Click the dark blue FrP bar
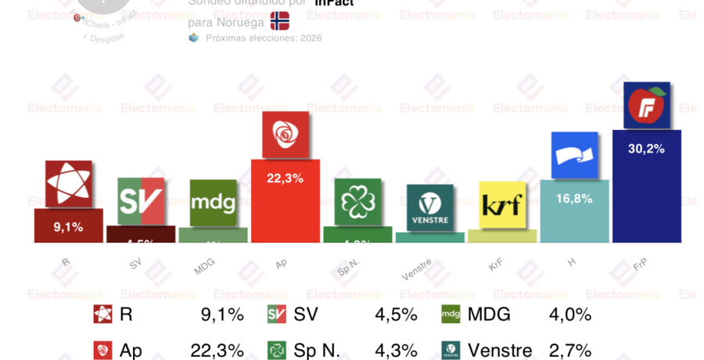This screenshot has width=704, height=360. coord(646,196)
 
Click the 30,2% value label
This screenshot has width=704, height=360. coord(646,149)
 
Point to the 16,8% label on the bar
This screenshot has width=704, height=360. coord(574,199)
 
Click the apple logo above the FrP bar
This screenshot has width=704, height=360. coord(646,106)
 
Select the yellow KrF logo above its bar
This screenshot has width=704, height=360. coord(501,204)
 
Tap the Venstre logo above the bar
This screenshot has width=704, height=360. coord(429,207)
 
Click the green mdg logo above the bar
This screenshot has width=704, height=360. coord(213,203)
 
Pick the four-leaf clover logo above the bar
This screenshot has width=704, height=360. coord(357,202)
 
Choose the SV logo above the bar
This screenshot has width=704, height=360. coord(141,201)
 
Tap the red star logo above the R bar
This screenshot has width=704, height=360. coord(68,184)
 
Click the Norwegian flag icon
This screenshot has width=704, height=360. coord(279,20)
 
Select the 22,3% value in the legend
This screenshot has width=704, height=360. coord(217,351)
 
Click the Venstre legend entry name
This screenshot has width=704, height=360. coord(499,351)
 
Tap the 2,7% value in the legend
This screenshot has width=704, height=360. coord(570,351)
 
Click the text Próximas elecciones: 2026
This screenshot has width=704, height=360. coord(263,38)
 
